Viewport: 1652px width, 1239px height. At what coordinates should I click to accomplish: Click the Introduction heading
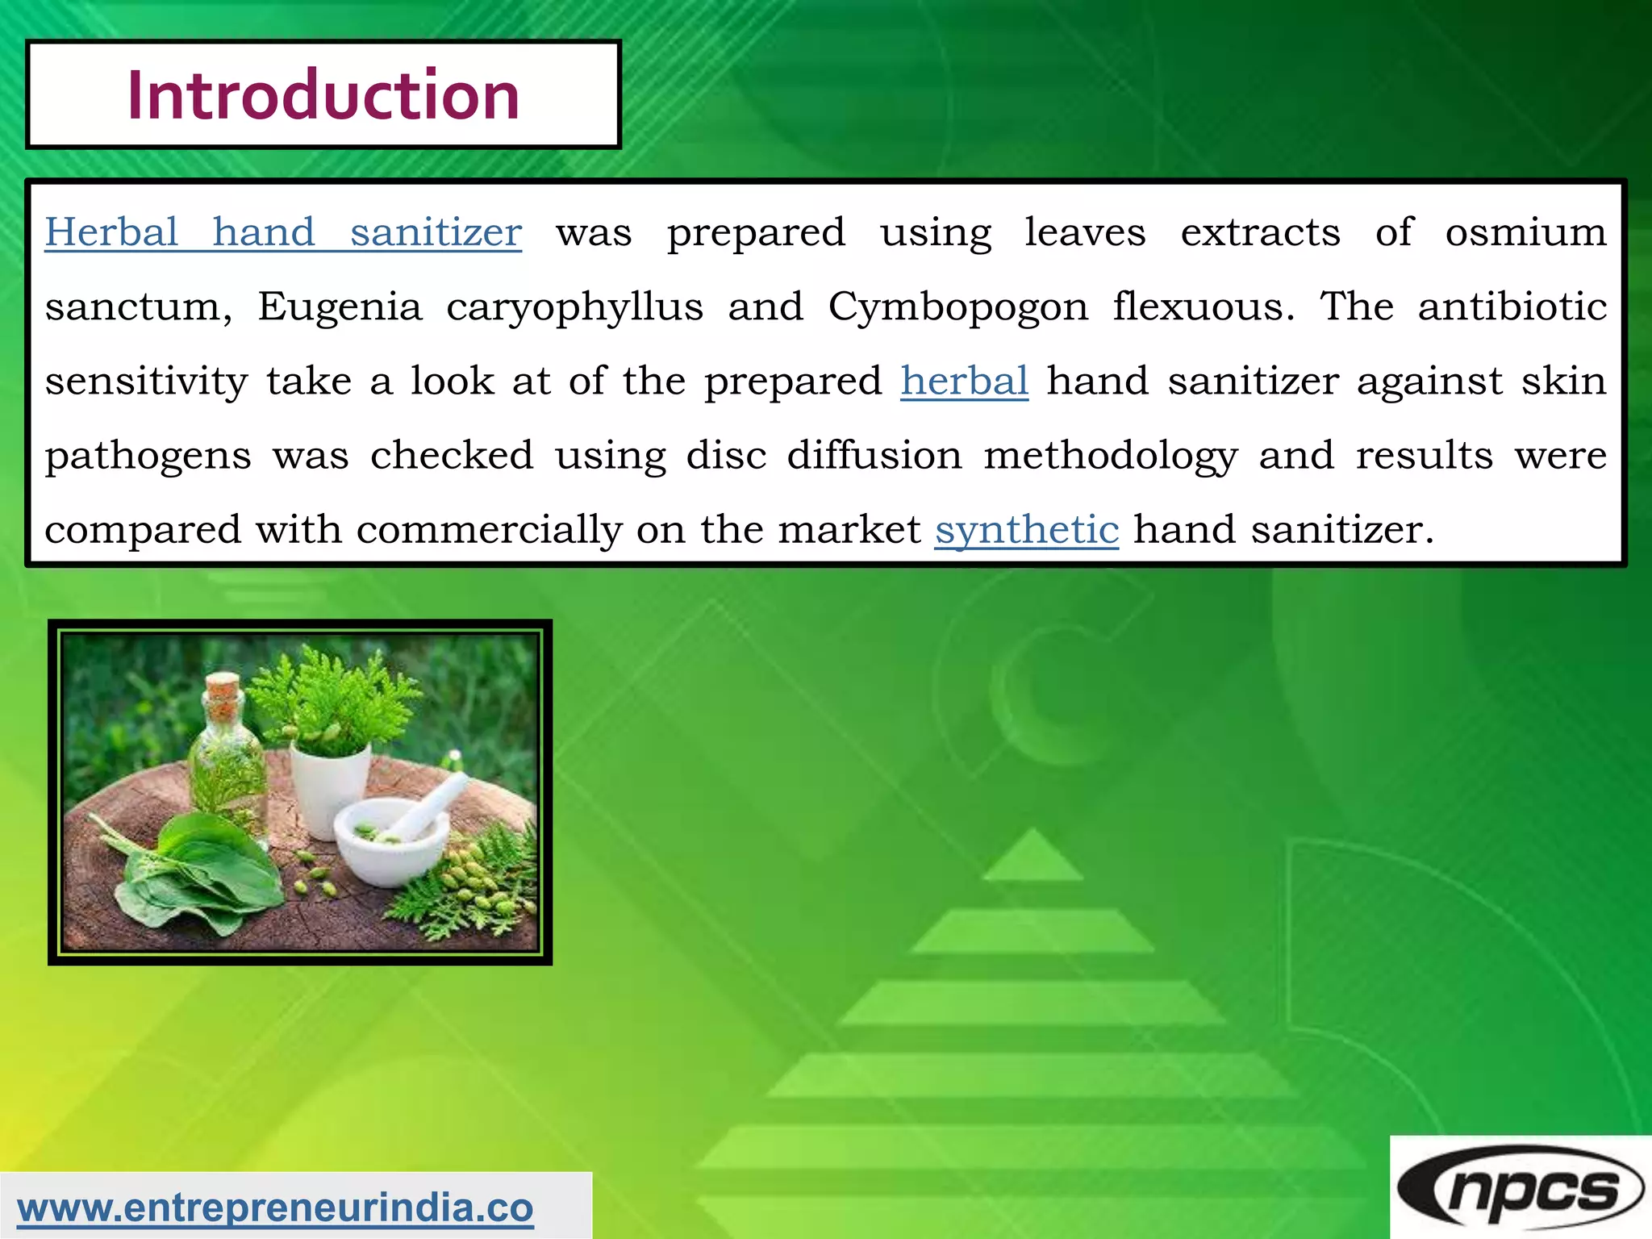323,95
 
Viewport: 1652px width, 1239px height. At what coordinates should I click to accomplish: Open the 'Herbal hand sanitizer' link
282,233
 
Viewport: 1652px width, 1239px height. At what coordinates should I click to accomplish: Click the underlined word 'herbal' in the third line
964,381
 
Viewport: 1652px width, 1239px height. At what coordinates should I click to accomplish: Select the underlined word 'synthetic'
1026,530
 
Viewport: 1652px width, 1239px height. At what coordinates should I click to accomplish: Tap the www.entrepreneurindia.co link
275,1208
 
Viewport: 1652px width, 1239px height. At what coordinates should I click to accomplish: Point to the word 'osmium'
1525,233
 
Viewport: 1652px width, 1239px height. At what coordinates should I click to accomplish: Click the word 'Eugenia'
340,307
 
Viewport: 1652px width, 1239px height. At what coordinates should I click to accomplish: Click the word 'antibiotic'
1512,307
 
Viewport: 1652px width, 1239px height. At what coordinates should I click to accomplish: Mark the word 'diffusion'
874,456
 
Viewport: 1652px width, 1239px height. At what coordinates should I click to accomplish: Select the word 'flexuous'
1204,307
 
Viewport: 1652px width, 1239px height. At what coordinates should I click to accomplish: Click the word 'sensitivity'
146,382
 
